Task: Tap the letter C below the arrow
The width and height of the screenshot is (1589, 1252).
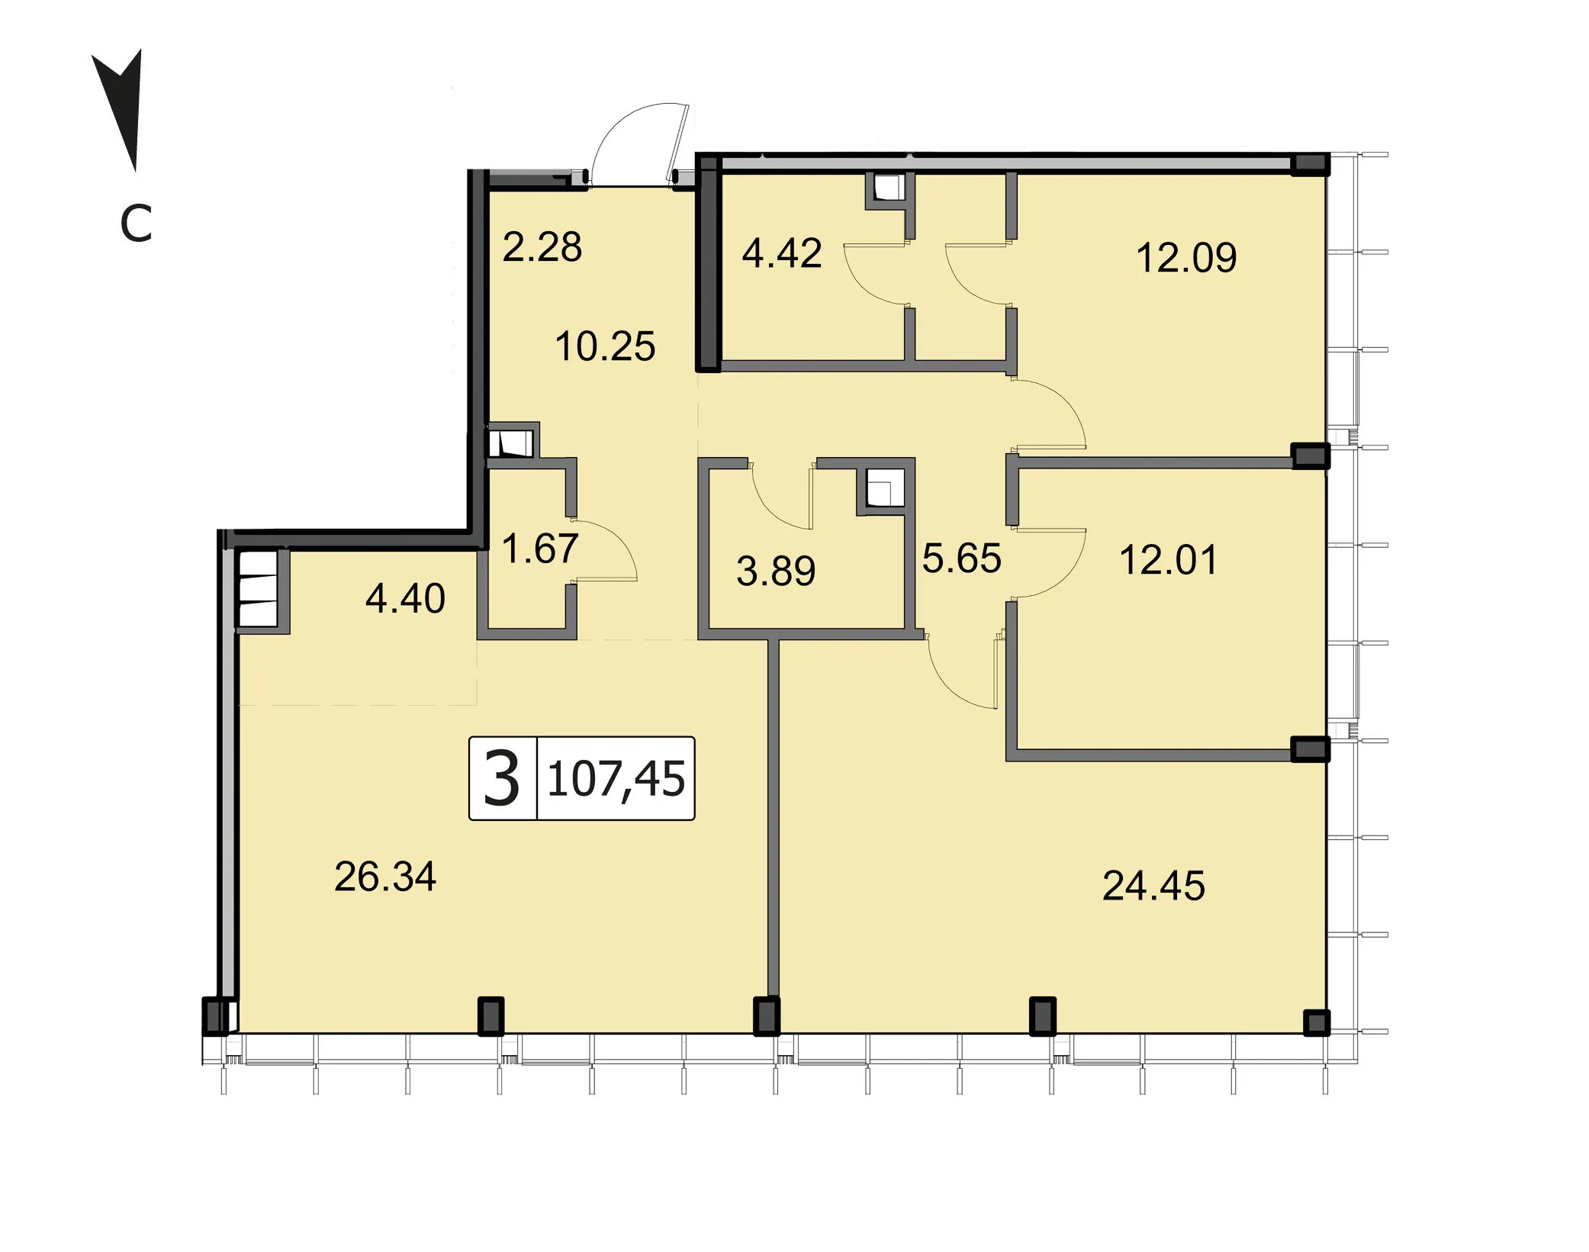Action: [136, 224]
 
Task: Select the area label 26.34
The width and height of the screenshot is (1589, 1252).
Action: [385, 877]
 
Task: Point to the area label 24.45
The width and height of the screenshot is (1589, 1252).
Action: [1153, 886]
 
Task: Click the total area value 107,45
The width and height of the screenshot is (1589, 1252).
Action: [616, 779]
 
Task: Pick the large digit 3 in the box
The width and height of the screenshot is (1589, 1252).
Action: [502, 778]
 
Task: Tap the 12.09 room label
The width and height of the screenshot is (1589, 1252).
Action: [1186, 257]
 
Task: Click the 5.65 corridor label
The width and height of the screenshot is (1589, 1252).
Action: [961, 558]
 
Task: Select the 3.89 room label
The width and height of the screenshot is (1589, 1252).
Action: [776, 571]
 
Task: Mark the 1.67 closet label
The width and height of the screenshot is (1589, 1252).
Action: [540, 549]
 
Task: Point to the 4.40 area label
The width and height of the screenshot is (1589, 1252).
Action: [405, 599]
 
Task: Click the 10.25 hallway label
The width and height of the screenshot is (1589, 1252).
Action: [605, 346]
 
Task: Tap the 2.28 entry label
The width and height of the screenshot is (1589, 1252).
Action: [542, 247]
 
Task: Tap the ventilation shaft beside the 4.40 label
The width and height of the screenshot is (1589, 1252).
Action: [258, 588]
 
